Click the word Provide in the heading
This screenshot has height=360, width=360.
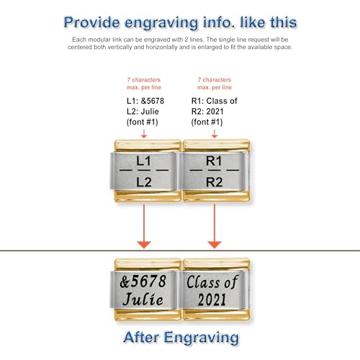click(91, 22)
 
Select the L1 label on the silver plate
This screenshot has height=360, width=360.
click(143, 161)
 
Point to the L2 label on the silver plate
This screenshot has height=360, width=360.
click(144, 182)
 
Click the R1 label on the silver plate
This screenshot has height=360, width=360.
click(214, 161)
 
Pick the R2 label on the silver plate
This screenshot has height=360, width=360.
click(215, 182)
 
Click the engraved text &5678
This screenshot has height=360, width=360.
click(143, 282)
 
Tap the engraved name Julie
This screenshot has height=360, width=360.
click(143, 299)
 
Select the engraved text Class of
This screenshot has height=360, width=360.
click(212, 282)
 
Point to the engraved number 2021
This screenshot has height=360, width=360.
click(212, 300)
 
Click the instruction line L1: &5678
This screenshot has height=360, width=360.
click(145, 101)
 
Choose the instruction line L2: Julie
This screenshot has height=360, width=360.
click(143, 112)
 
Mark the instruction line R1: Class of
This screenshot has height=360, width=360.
click(215, 101)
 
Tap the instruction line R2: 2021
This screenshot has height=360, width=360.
click(207, 112)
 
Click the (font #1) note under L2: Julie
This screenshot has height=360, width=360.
click(143, 122)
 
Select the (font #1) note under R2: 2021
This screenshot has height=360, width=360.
click(207, 122)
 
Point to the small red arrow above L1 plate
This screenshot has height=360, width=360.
click(144, 134)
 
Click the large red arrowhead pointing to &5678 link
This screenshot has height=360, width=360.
click(144, 245)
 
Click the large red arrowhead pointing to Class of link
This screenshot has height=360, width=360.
click(215, 245)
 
